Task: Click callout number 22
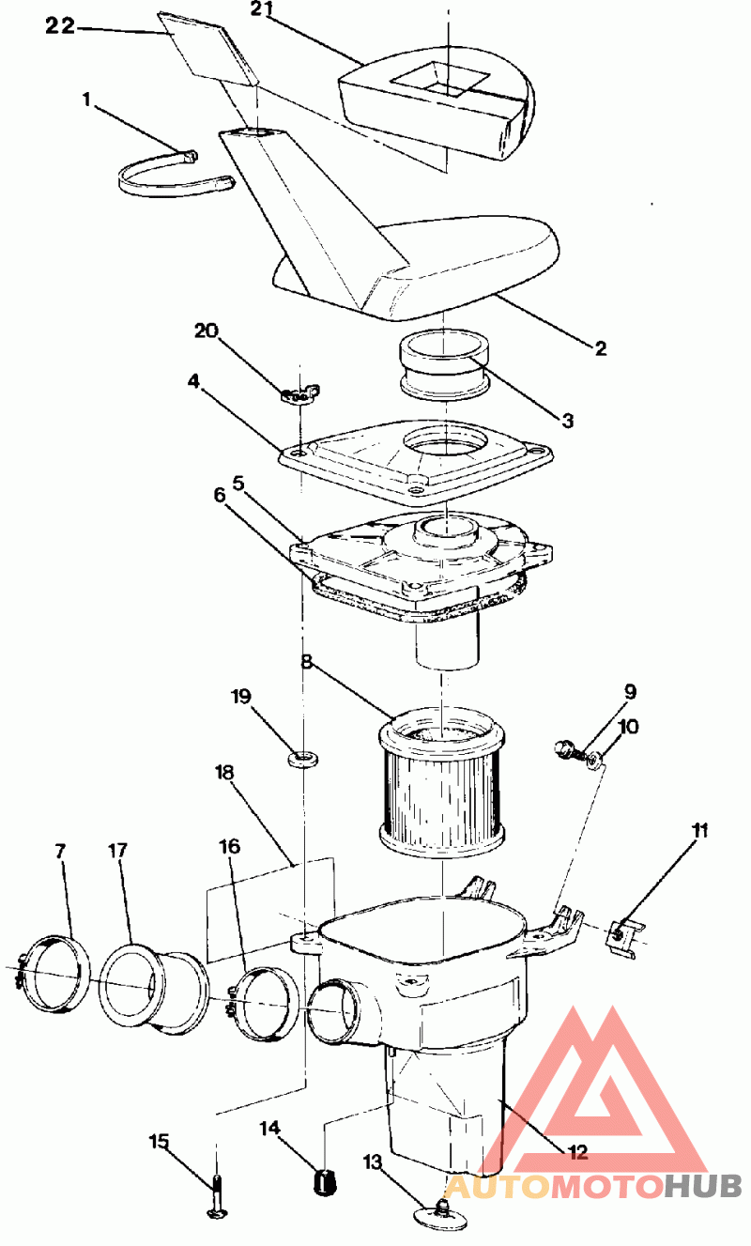click(59, 25)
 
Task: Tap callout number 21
click(262, 9)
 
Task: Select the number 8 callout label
click(307, 662)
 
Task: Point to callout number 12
click(578, 1152)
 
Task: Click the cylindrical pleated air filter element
click(441, 783)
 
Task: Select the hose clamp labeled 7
click(53, 975)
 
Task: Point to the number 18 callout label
click(224, 772)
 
